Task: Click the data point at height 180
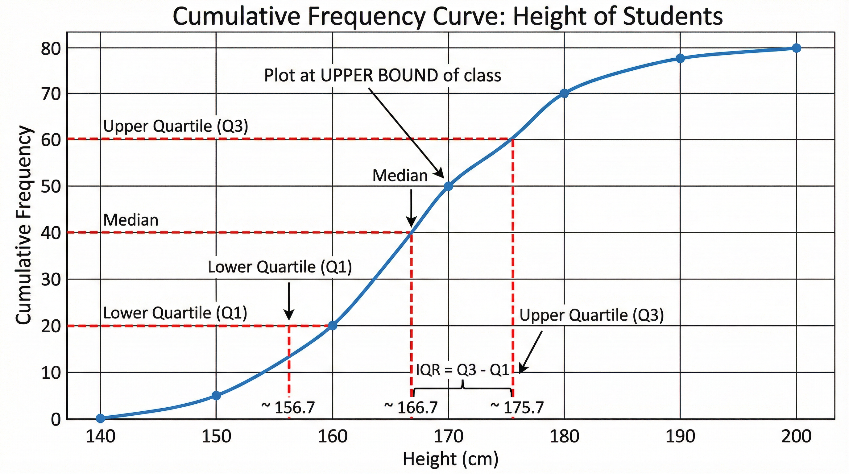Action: [564, 93]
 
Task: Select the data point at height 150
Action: [216, 396]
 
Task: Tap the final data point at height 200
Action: [796, 48]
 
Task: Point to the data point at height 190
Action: [680, 58]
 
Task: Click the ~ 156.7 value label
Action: [288, 408]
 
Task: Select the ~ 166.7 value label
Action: [411, 408]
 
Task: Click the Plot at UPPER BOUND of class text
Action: [382, 76]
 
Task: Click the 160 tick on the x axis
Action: [332, 437]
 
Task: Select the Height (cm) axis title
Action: [450, 459]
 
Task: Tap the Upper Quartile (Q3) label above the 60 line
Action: [175, 126]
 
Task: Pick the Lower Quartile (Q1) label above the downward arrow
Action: [280, 267]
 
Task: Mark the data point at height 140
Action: [101, 418]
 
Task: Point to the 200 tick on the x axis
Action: [796, 437]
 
